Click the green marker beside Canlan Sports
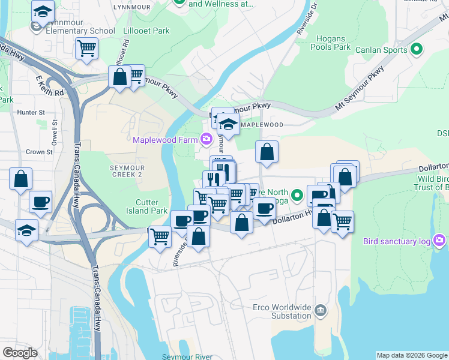(416, 50)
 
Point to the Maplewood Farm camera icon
(206, 140)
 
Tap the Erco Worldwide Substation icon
(321, 310)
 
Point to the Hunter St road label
(31, 112)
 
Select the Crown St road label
(40, 152)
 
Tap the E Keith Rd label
(50, 86)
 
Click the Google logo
(20, 353)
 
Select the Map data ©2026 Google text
(411, 355)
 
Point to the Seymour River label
(187, 356)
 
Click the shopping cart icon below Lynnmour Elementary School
(86, 47)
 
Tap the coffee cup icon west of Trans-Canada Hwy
(40, 202)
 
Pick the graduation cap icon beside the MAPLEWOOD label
(228, 124)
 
